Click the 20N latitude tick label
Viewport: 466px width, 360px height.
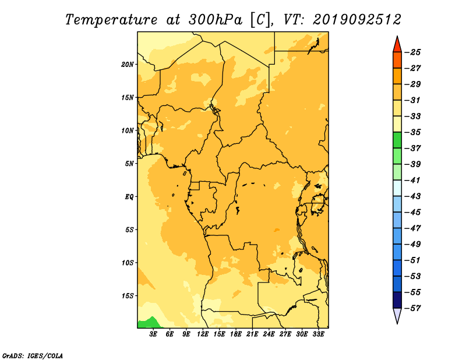coord(128,65)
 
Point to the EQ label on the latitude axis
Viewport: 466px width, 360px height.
coord(129,197)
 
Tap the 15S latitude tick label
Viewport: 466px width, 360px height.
coord(128,296)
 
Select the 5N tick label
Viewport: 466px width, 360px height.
coord(129,164)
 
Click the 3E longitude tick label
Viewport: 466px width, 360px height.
coord(153,334)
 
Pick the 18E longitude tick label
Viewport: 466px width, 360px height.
coord(236,334)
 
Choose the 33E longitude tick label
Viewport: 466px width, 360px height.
coord(318,334)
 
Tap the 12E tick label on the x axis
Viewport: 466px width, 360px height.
coord(203,334)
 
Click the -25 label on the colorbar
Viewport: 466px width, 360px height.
coord(413,52)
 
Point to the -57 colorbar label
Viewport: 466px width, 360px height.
coord(413,308)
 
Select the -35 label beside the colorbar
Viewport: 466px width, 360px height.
coord(413,132)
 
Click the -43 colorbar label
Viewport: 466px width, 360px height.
coord(413,196)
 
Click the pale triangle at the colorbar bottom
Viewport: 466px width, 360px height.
coord(397,315)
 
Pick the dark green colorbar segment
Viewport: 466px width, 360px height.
coord(397,140)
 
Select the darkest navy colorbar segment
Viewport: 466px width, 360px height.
coord(397,300)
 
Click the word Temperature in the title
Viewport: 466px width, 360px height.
coord(111,20)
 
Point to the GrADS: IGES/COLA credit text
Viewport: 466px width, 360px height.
coord(33,356)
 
